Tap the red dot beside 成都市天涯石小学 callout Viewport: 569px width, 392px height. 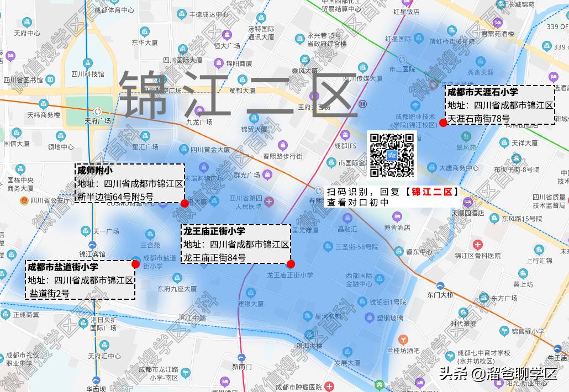tap(443, 123)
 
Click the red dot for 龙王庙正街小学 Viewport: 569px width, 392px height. tap(291, 264)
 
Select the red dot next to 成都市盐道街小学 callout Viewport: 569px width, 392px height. tap(135, 264)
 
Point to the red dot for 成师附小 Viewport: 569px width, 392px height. tap(185, 204)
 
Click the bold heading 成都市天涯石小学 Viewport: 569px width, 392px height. tap(482, 92)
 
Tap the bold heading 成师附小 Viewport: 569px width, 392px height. tap(95, 170)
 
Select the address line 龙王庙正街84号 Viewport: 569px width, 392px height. tap(215, 257)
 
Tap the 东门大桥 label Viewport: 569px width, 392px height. tap(440, 295)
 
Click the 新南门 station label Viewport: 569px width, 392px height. tap(241, 367)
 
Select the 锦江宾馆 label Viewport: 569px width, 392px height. tap(92, 254)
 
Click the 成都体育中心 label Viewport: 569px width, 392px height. tap(113, 10)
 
